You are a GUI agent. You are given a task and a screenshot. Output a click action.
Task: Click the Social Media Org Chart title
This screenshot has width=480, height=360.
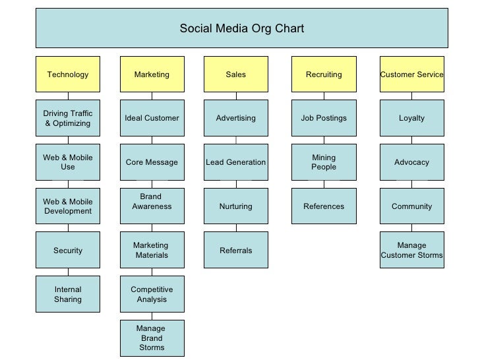(x=242, y=29)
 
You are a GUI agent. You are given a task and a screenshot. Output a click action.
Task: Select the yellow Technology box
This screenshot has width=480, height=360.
(x=68, y=75)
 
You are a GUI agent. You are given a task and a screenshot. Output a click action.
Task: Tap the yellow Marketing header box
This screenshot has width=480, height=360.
(x=152, y=75)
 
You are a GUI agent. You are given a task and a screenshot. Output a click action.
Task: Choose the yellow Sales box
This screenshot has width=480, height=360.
(x=235, y=75)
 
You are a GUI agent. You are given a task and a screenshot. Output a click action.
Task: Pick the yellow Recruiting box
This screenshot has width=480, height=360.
(x=324, y=75)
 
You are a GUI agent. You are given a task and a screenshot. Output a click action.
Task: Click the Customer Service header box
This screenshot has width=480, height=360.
(x=412, y=75)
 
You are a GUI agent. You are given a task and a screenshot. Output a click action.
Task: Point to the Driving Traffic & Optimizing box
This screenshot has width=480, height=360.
(x=68, y=119)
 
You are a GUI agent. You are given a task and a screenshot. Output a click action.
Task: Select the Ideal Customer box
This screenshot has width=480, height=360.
(x=152, y=118)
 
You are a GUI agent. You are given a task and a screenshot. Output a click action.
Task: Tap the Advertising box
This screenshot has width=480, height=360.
(x=235, y=118)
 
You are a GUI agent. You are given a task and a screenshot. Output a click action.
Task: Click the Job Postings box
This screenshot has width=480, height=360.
(x=324, y=118)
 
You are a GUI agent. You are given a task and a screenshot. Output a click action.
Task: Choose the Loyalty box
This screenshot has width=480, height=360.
(x=412, y=118)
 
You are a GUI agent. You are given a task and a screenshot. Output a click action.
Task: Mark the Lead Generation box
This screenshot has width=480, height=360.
(x=235, y=162)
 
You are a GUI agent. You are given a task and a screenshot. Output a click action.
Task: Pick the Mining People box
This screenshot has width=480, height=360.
(x=324, y=162)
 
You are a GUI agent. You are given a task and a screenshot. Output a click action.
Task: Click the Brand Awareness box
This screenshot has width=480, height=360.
(x=152, y=206)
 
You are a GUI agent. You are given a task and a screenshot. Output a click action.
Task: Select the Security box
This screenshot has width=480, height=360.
(x=68, y=251)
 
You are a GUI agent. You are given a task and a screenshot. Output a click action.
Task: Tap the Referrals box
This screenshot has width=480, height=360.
(x=235, y=251)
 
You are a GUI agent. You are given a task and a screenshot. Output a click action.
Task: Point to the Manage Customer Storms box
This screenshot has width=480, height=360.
(x=412, y=251)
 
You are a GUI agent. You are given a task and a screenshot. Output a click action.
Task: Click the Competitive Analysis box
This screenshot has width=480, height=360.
(x=152, y=294)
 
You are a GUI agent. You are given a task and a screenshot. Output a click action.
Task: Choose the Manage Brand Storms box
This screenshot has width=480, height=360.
(x=152, y=338)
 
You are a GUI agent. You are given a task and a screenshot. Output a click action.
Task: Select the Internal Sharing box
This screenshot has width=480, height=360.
(x=68, y=294)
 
